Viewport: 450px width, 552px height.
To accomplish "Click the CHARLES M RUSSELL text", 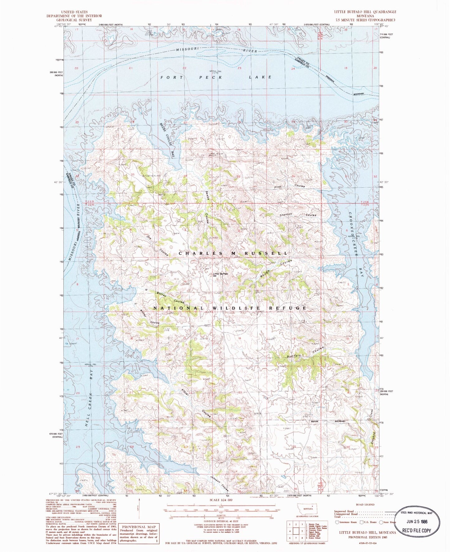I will (233, 253).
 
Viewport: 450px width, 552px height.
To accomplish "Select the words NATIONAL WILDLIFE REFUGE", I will (230, 308).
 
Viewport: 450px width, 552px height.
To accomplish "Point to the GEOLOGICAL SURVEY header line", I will (74, 20).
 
